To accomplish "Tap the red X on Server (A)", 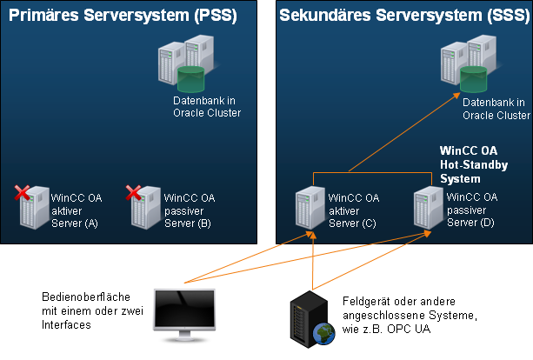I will (23, 192).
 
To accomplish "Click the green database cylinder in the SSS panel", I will (474, 79).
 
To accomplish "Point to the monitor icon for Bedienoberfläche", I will (183, 314).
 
